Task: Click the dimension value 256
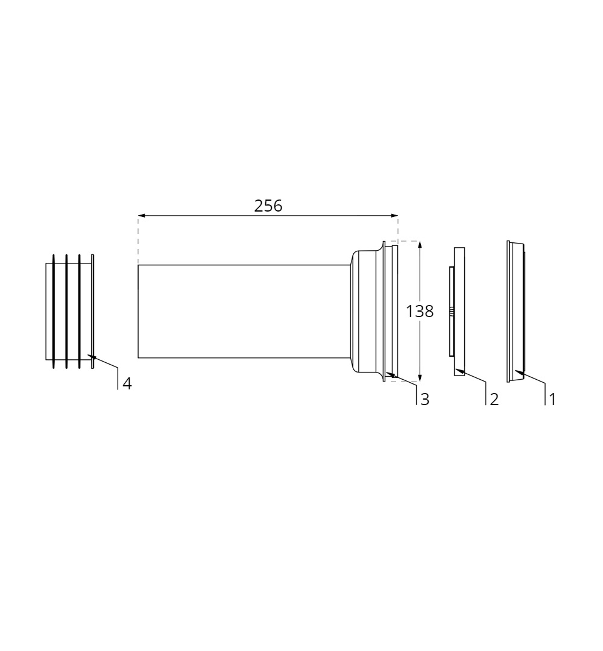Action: (268, 206)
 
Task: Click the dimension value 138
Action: (420, 312)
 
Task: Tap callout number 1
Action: (552, 400)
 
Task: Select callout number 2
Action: (494, 400)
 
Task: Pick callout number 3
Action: (425, 400)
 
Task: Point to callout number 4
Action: (127, 384)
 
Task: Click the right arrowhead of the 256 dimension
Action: (394, 215)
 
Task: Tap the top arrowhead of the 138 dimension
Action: (420, 245)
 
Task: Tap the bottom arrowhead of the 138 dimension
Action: (420, 378)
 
